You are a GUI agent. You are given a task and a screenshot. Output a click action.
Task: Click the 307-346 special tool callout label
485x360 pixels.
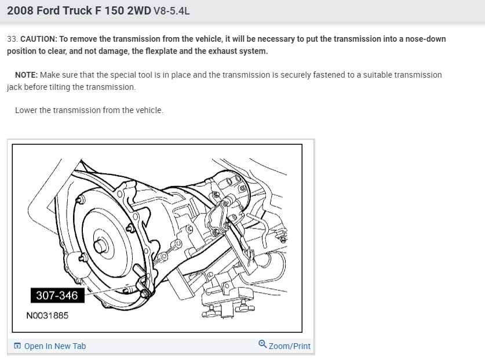[57, 296]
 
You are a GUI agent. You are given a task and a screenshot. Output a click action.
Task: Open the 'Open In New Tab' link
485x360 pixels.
[55, 346]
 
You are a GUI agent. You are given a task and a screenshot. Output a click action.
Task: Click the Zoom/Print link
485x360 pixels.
[290, 346]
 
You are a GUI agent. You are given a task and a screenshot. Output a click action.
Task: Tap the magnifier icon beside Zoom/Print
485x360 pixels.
[263, 344]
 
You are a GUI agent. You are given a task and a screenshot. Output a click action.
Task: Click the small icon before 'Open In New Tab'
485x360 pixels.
[17, 346]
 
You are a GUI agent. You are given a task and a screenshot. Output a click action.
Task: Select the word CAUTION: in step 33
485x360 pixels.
[38, 39]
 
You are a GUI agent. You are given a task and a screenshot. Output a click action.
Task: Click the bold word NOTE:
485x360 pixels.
[27, 75]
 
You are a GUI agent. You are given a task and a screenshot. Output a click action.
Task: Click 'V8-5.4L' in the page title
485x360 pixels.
[171, 10]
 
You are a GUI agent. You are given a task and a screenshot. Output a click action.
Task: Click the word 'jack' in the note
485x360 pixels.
[15, 87]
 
